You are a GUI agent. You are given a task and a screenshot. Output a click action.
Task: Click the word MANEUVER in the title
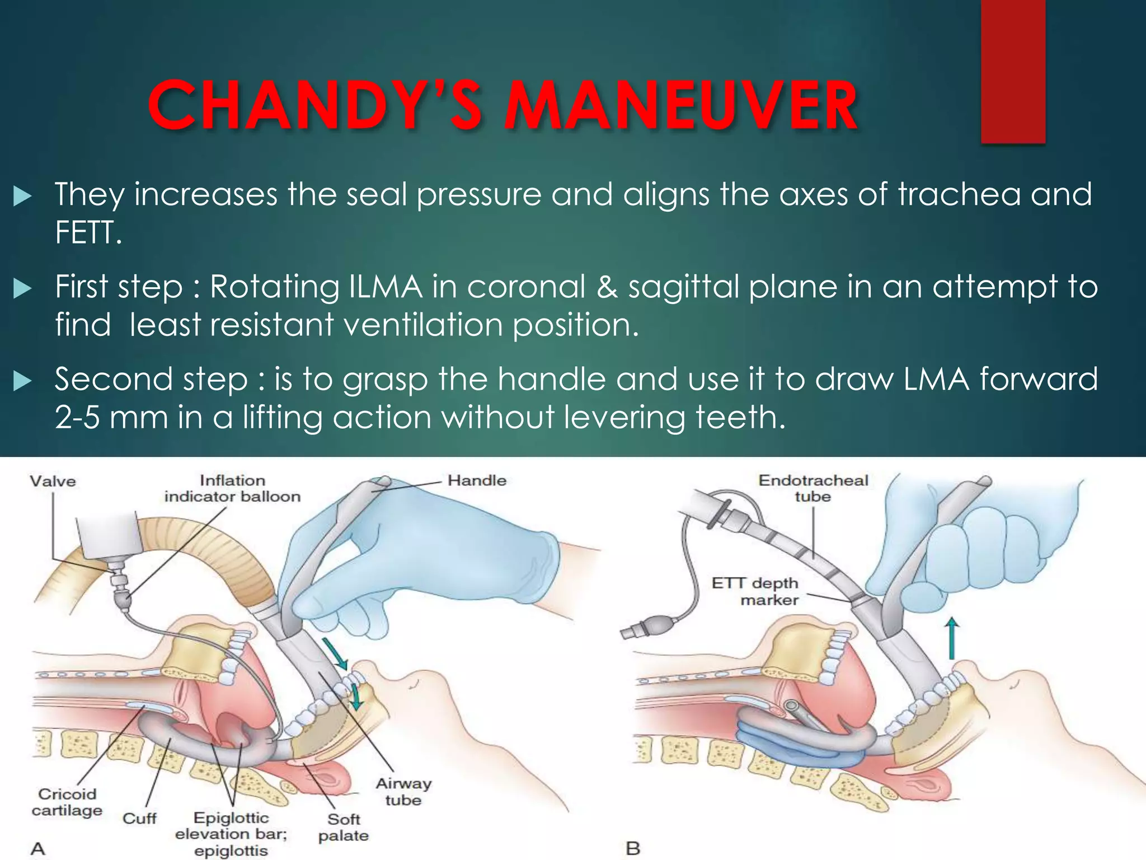pos(681,105)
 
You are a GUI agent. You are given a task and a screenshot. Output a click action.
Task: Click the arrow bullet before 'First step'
pos(22,289)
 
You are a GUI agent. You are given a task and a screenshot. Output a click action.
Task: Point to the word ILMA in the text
pos(385,287)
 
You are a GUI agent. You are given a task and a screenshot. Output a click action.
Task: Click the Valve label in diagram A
pos(53,481)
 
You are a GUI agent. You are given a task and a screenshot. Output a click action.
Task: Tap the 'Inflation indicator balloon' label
pos(232,488)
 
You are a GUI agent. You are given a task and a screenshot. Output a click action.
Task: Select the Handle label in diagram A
pos(477,480)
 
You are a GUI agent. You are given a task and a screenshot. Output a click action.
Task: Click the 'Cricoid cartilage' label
pos(67,802)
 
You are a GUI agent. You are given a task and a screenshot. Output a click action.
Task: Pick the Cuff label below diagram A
pos(139,819)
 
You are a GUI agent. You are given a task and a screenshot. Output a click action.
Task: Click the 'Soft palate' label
pos(344,827)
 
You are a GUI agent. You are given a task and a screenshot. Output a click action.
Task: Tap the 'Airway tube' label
pos(403,792)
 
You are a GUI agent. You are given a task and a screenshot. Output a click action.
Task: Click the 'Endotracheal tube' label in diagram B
pos(812,488)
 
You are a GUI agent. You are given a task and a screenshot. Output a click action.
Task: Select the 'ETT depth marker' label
pos(755,591)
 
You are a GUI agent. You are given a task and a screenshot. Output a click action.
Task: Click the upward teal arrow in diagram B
pos(952,638)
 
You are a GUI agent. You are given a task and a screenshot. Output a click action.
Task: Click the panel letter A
pos(37,848)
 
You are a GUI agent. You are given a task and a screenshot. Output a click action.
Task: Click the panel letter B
pos(633,848)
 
